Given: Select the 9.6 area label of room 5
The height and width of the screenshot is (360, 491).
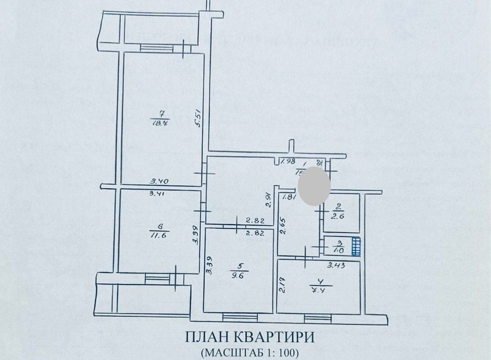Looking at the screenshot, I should coord(244,276).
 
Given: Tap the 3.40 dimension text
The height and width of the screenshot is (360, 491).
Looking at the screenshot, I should coord(161,181).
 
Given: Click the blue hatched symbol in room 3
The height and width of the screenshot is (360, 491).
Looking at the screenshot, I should coord(356,246).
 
